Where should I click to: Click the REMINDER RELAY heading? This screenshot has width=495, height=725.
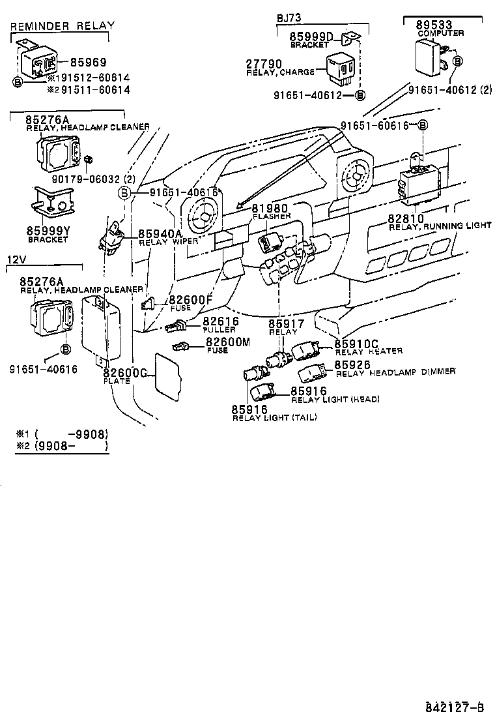coord(63,26)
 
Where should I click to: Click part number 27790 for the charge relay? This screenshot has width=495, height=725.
coord(263,63)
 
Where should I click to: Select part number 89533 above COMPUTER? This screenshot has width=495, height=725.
coord(434,25)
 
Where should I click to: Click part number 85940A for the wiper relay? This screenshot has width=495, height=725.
coord(160,233)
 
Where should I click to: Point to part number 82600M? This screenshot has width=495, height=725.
coord(227,342)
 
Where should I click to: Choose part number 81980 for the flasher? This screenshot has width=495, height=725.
coord(270,208)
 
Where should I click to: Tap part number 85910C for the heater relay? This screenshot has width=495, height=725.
coord(356,343)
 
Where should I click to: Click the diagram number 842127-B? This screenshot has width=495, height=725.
coord(455,707)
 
